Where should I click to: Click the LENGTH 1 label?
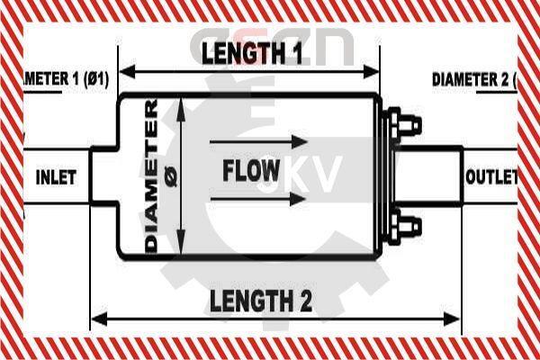pos(251,54)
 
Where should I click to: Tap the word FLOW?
pos(251,170)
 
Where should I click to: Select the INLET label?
pos(55,176)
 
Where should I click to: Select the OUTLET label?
pos(491,176)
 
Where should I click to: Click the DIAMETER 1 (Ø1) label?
pos(63,79)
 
